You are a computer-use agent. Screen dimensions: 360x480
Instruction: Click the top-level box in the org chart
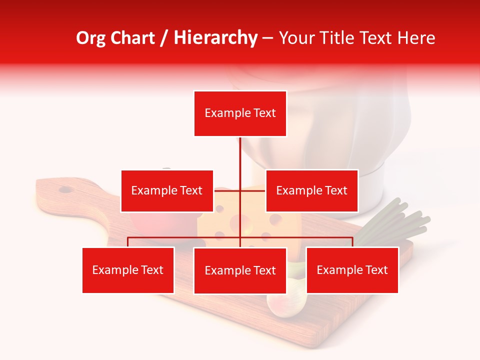click(240, 113)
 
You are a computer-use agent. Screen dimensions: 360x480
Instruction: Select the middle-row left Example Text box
click(167, 190)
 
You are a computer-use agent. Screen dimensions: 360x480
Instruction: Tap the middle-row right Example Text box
click(311, 190)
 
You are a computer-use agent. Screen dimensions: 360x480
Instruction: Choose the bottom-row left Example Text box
click(128, 270)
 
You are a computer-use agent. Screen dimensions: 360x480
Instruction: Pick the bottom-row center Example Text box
click(240, 270)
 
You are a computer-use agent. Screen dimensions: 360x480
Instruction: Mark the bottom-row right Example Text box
click(352, 270)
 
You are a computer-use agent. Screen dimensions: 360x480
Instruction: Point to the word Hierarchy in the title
click(215, 38)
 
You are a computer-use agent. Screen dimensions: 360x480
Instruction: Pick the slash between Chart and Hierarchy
click(164, 38)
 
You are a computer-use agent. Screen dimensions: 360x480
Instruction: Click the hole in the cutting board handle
click(65, 189)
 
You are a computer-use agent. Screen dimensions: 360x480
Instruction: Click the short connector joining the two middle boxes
click(239, 190)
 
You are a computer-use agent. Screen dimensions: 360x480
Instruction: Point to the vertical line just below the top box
click(240, 150)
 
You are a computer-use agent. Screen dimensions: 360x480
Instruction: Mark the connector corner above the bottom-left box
click(128, 238)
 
